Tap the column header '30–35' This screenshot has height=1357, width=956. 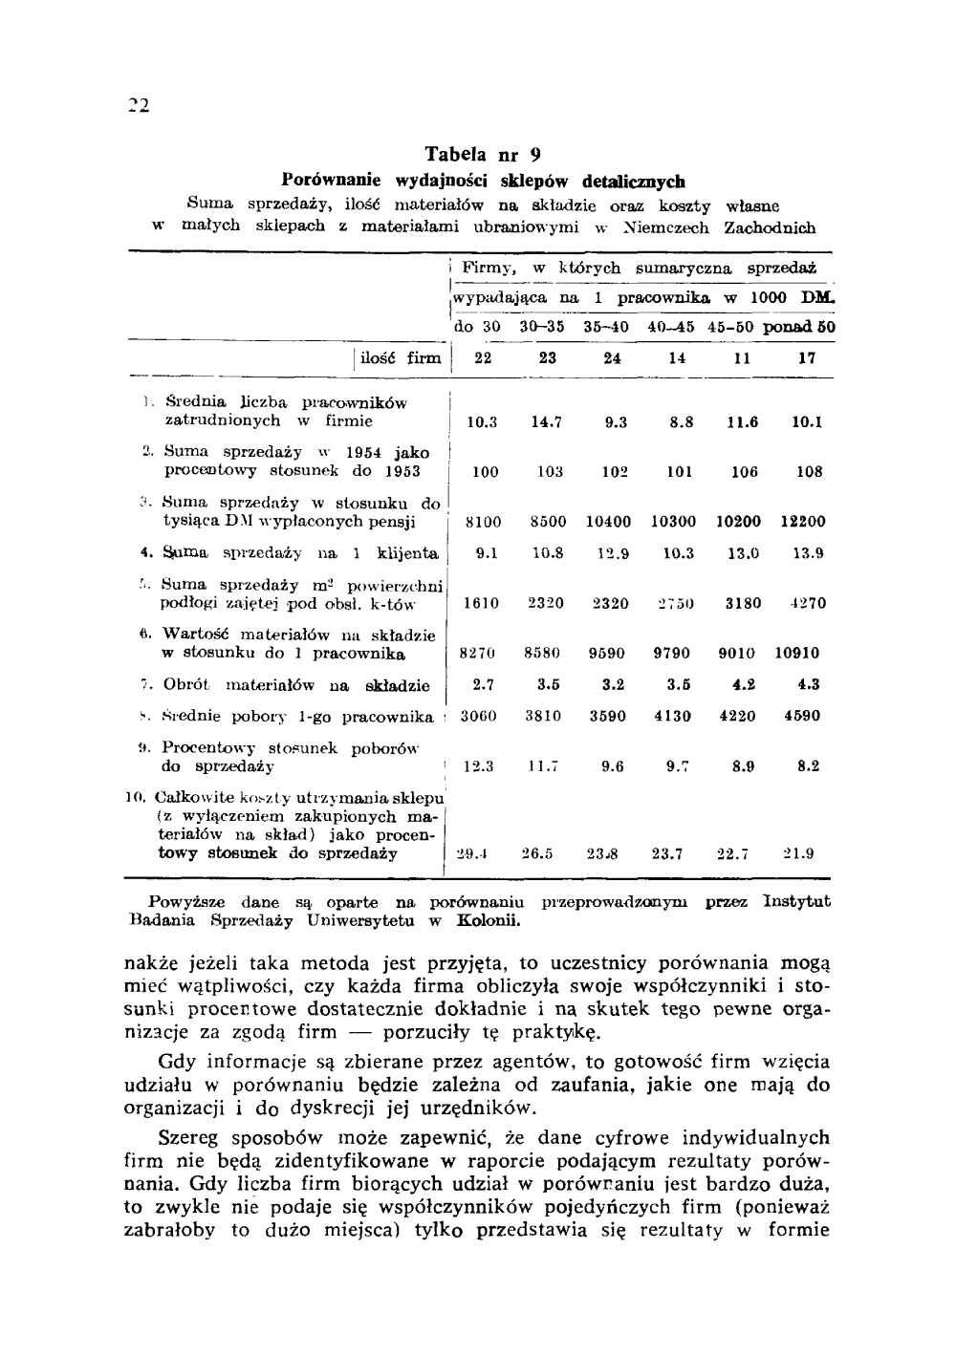(542, 327)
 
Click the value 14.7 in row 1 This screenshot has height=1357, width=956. (548, 421)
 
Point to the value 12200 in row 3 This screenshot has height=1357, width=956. (802, 522)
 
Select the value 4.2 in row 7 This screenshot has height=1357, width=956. (745, 684)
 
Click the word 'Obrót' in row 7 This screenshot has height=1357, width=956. (186, 685)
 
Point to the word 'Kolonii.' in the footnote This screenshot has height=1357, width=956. (489, 921)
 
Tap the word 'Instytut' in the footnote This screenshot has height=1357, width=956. (797, 901)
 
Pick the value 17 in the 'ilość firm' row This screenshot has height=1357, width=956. (807, 358)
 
